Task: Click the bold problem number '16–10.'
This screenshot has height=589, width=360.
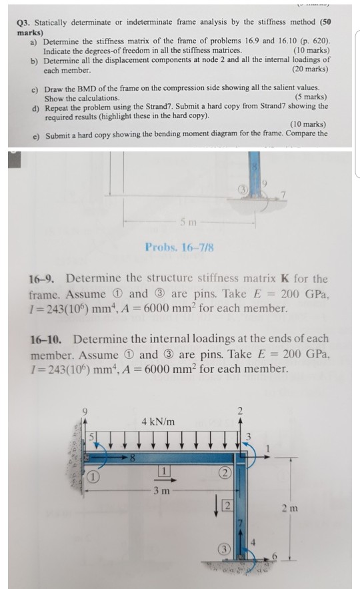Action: click(47, 340)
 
